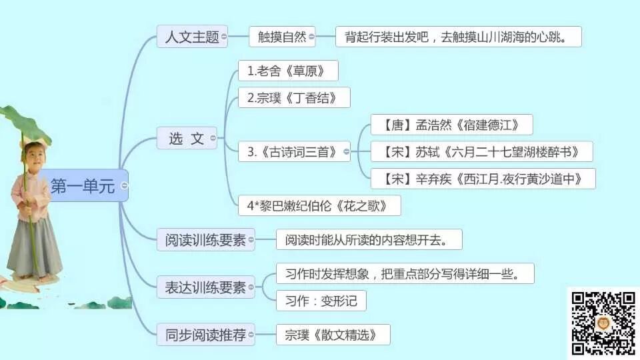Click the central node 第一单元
(83, 187)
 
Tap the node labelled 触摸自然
(282, 37)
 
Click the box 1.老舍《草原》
(288, 71)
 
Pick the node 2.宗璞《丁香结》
(294, 98)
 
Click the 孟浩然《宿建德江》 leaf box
(451, 125)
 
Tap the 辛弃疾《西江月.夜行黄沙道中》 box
(483, 179)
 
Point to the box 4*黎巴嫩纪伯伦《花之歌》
(319, 205)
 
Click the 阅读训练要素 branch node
(205, 240)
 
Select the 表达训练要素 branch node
(205, 288)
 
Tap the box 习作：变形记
(321, 301)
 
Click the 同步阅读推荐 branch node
(205, 335)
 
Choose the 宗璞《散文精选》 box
(333, 335)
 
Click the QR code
(603, 323)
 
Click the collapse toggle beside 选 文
(213, 139)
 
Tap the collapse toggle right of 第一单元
(124, 186)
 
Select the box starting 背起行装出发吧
(458, 37)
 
